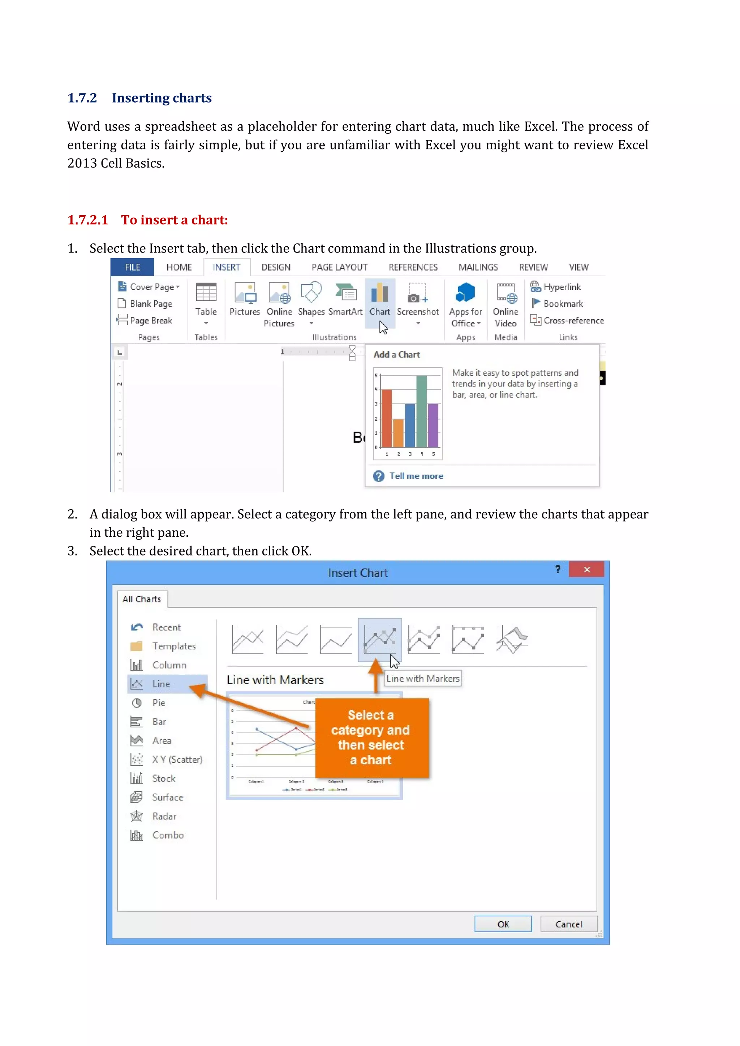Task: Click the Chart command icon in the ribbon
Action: [379, 293]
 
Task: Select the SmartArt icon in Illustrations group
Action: [345, 293]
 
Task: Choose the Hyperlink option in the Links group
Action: [556, 287]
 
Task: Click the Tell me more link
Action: [416, 476]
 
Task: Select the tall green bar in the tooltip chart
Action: [422, 411]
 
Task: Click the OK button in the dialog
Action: [503, 924]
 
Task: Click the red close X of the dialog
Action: [586, 570]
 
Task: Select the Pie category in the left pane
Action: [159, 703]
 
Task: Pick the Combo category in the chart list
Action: [168, 835]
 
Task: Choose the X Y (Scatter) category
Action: [177, 760]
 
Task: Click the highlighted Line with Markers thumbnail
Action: [379, 639]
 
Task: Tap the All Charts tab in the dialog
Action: [142, 599]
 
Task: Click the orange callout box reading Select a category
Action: [371, 737]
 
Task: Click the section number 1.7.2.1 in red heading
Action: [88, 220]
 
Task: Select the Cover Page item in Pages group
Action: [152, 287]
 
